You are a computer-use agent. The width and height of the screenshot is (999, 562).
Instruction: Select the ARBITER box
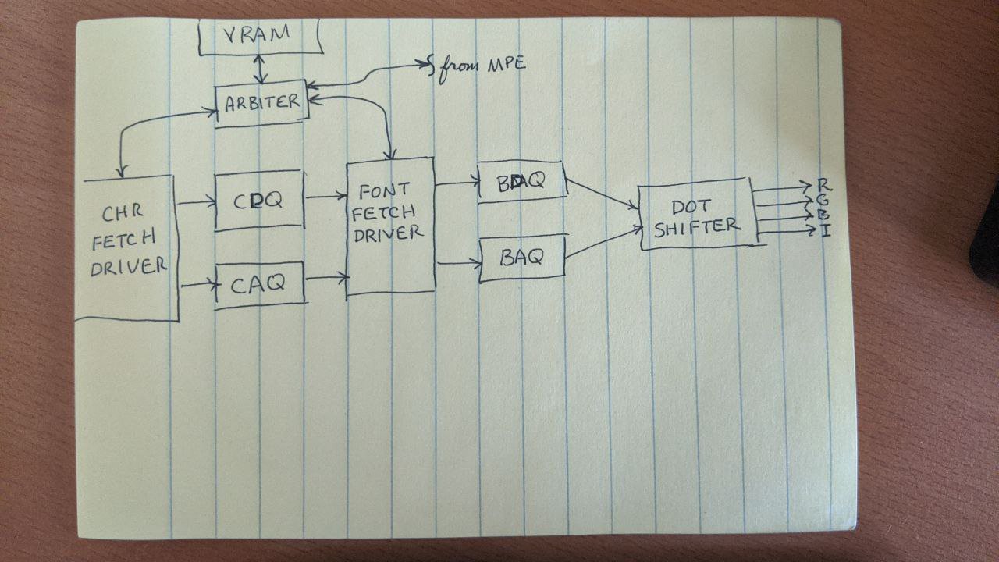click(x=262, y=102)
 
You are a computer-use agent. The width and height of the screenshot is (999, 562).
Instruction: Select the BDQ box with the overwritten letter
click(x=521, y=183)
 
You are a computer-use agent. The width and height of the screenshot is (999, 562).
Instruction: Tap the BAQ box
click(x=521, y=258)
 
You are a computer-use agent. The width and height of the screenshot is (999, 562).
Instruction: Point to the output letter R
click(x=824, y=185)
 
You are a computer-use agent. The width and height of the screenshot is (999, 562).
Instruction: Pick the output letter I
click(x=824, y=230)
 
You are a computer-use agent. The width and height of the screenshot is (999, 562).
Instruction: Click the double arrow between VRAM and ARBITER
click(x=263, y=69)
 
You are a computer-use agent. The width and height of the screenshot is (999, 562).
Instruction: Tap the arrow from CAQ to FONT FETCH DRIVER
click(x=325, y=277)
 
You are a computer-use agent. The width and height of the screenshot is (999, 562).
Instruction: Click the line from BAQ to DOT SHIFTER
click(x=601, y=244)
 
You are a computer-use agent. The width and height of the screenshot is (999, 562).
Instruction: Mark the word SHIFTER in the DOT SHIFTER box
click(x=696, y=226)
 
